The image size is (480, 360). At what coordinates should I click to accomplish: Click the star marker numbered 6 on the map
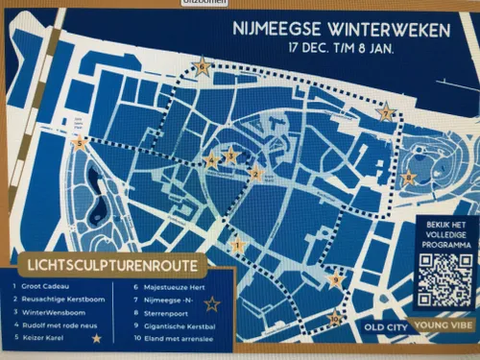202,67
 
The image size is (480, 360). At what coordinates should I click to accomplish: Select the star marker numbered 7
386,113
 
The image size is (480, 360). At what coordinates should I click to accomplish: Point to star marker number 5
81,144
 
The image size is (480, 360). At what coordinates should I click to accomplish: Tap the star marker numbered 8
409,177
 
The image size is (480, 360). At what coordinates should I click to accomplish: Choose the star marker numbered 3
230,155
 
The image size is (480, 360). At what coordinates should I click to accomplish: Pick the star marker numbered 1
238,247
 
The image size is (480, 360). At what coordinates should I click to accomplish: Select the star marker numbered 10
335,319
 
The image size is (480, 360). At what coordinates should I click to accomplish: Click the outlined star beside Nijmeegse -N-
212,304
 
